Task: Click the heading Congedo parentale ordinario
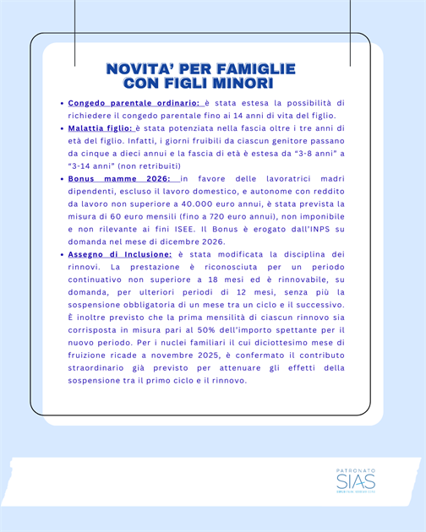click(x=134, y=103)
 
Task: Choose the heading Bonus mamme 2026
click(x=119, y=179)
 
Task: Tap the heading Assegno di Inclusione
click(x=120, y=254)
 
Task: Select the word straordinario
click(x=98, y=367)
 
